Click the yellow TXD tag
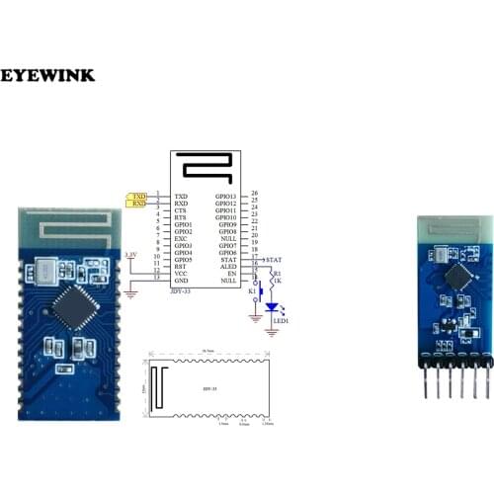click(138, 197)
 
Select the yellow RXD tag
click(138, 205)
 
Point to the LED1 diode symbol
click(273, 308)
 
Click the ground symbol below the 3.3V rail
click(131, 293)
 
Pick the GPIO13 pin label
click(225, 197)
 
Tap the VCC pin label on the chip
click(181, 273)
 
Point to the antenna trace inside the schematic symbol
click(204, 169)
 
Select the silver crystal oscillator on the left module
click(45, 269)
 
